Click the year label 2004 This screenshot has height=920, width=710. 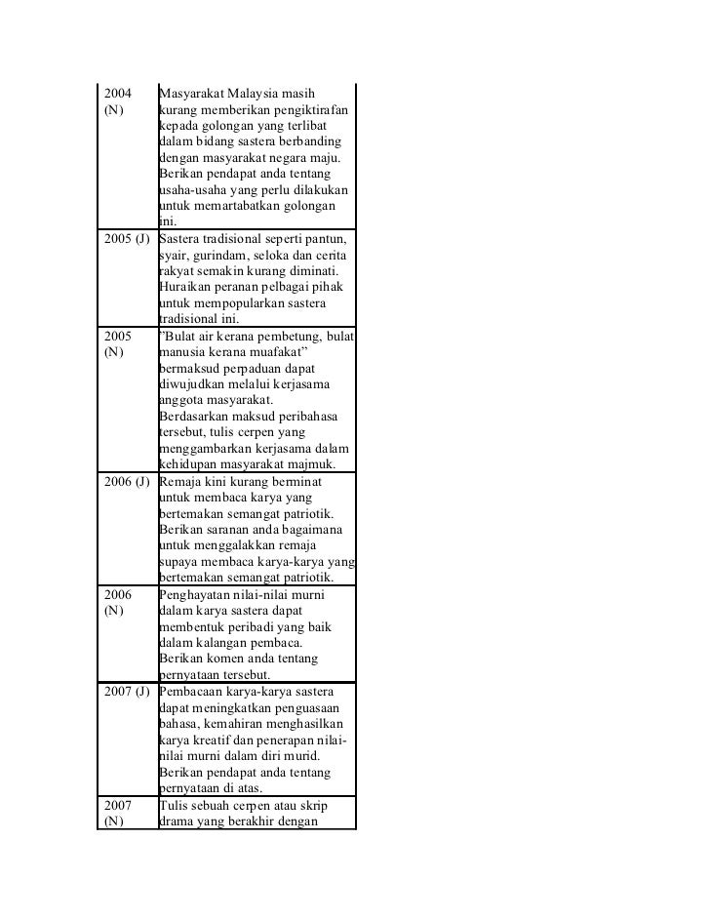117,94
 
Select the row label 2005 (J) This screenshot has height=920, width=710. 127,238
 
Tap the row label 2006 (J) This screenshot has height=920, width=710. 127,481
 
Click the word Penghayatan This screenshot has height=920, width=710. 197,595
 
